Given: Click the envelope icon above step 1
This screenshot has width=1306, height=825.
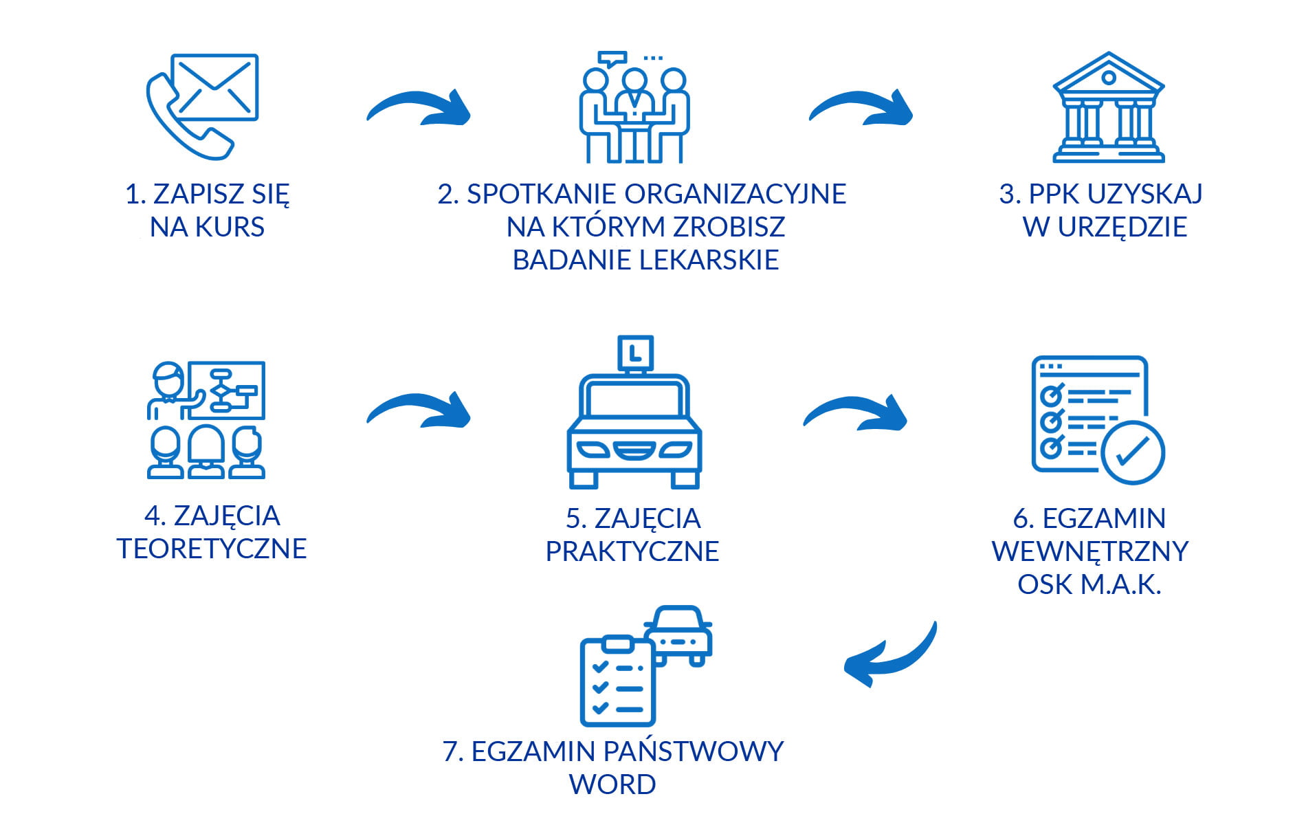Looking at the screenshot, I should click(x=214, y=87).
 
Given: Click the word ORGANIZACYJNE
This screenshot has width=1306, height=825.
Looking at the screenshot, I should click(x=735, y=195).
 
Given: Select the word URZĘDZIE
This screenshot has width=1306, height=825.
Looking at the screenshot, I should click(x=1122, y=228).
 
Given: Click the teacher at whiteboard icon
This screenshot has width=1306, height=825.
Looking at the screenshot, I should click(x=206, y=419).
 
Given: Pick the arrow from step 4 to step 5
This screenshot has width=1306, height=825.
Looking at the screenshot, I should click(x=419, y=410).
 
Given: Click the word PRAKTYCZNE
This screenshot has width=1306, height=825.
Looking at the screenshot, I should click(x=632, y=551).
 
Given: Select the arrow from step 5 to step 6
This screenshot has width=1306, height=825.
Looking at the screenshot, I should click(x=856, y=412).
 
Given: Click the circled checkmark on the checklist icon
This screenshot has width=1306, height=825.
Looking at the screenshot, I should click(x=1132, y=452).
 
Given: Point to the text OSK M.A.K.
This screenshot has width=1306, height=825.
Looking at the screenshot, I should click(x=1089, y=584).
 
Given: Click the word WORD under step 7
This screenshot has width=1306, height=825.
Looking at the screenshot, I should click(x=612, y=784).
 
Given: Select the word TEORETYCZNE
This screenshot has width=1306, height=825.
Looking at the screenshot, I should click(x=212, y=549).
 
